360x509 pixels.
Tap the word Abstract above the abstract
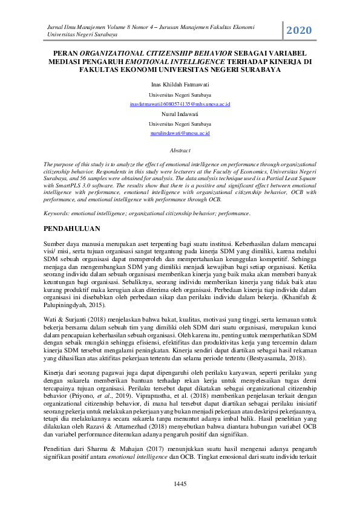(x=180, y=149)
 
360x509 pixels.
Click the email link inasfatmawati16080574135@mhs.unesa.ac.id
(x=180, y=105)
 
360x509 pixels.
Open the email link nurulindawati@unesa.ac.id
(x=180, y=132)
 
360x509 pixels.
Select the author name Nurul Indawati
(x=180, y=114)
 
